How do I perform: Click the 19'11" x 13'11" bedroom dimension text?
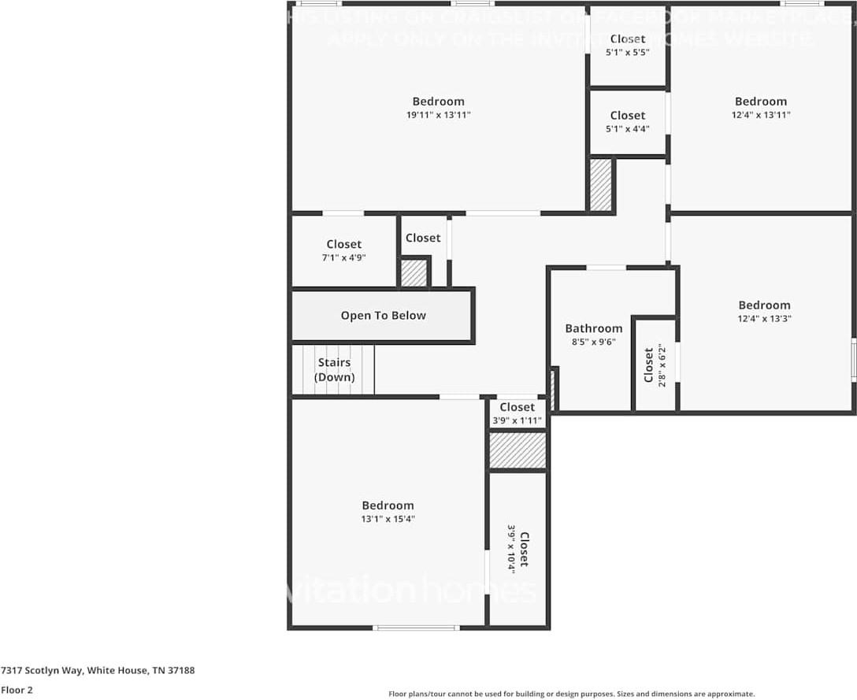[x=439, y=115]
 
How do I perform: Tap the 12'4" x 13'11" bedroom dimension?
[x=761, y=115]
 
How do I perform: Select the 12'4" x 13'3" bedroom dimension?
[x=764, y=319]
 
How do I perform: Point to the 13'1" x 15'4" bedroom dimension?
[x=388, y=519]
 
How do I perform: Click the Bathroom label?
[x=593, y=328]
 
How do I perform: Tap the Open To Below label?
[x=383, y=316]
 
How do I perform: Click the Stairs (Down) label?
[x=334, y=370]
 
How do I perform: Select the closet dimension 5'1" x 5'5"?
[x=627, y=52]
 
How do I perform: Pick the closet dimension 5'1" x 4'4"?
[x=627, y=129]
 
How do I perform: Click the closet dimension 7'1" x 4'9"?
[x=344, y=257]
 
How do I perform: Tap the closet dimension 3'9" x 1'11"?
[x=517, y=420]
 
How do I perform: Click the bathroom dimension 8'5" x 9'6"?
[x=593, y=342]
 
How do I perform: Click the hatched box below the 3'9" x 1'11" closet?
[x=518, y=450]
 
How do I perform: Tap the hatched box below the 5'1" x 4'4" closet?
[x=601, y=185]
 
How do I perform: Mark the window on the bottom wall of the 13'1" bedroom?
[x=415, y=628]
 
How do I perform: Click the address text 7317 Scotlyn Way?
[x=98, y=671]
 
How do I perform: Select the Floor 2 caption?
[x=17, y=690]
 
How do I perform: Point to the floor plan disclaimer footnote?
[x=571, y=694]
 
